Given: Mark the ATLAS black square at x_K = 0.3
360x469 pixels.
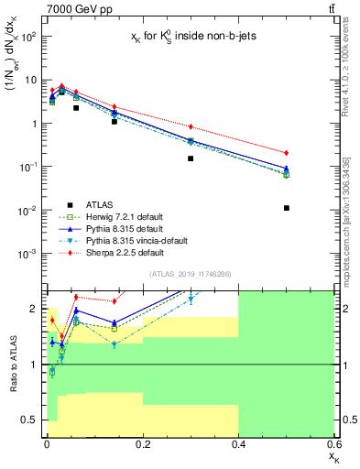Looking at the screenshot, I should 191,158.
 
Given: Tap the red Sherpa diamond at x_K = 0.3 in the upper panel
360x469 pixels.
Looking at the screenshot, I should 191,126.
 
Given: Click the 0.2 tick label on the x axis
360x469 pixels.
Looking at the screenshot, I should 142,444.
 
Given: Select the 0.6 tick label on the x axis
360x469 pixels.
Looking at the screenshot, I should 333,444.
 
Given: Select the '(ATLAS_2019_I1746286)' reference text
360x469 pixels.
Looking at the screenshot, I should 189,274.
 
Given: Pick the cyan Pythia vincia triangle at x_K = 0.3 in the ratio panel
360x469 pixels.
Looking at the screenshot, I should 191,300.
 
